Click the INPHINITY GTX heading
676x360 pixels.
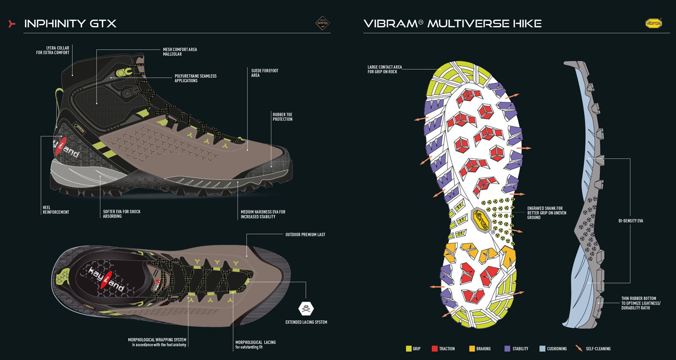pos(70,23)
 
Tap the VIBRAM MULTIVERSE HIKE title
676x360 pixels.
pos(452,23)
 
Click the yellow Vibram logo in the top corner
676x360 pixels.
pos(653,23)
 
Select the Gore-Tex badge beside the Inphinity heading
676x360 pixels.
pos(322,23)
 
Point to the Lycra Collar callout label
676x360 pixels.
pos(53,50)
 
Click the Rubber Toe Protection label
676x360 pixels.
pos(282,117)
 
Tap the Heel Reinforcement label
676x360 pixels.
pos(56,210)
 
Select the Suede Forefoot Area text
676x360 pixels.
pos(265,73)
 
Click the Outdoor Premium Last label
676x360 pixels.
pos(305,234)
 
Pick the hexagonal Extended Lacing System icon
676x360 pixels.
pos(306,308)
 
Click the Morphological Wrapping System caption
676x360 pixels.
pos(157,342)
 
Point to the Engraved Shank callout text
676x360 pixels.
pos(547,213)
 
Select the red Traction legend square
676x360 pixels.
pos(434,349)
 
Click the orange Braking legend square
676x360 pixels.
pos(472,349)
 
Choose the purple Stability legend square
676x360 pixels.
pos(508,349)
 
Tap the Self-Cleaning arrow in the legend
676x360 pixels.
pos(579,349)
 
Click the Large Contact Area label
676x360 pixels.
pos(385,69)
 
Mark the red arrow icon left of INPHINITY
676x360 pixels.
pos(12,24)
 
